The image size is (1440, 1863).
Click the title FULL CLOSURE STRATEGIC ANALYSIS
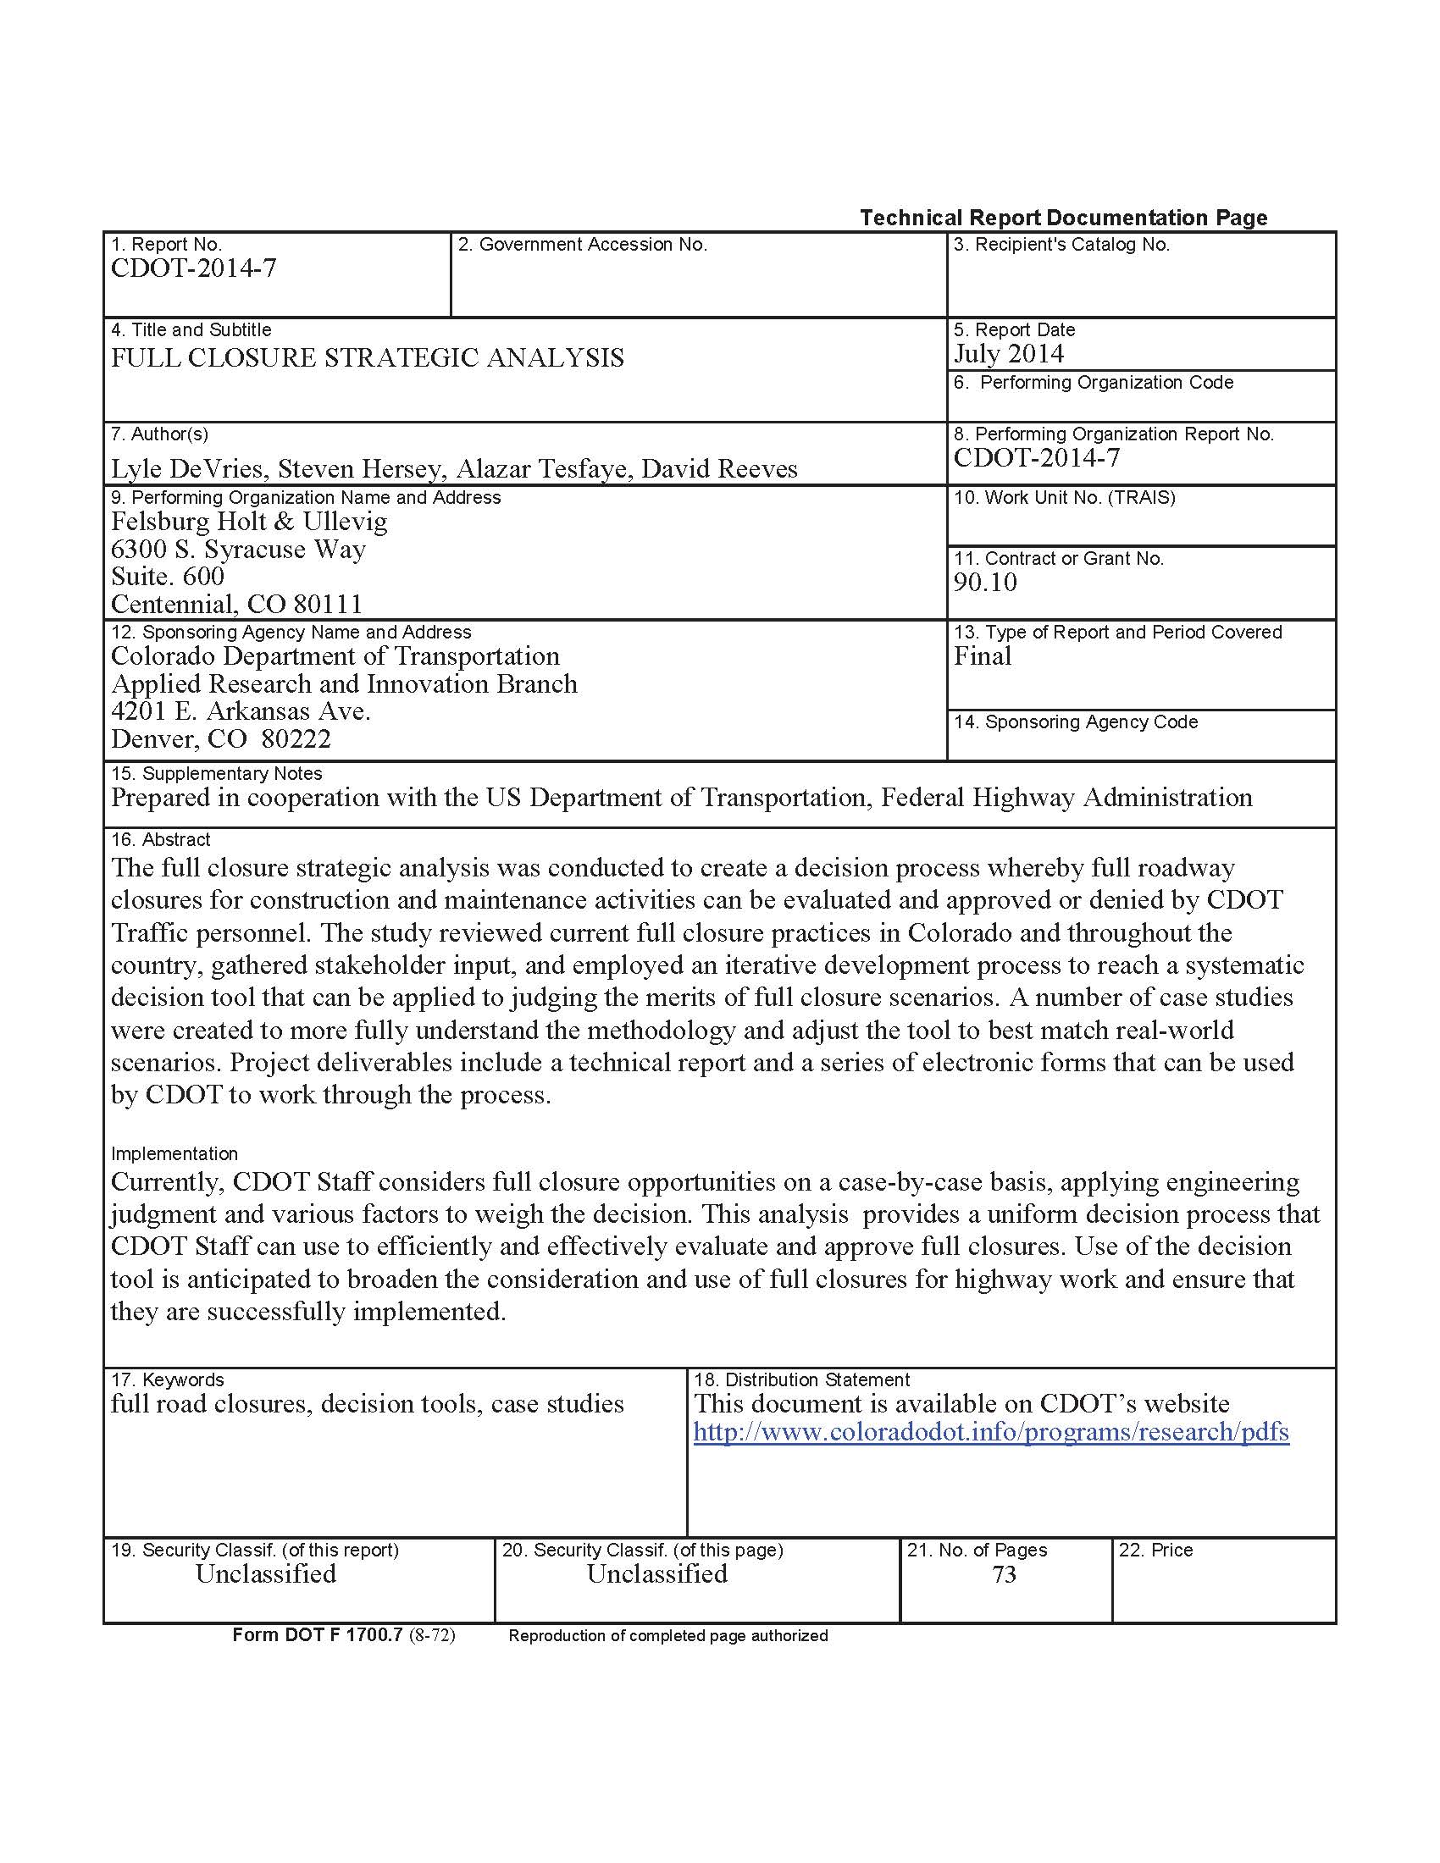[367, 357]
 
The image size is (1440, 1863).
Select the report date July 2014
[1008, 354]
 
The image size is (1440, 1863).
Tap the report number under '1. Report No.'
[194, 268]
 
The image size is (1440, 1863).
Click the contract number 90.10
[985, 583]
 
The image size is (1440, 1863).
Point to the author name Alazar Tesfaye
[544, 468]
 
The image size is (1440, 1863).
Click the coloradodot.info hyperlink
[990, 1431]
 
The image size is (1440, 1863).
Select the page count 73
[1004, 1574]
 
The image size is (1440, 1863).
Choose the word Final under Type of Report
[982, 656]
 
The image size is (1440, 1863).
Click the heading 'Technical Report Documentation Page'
[1063, 218]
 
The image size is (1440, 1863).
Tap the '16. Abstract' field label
[160, 839]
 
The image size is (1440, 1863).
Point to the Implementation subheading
[174, 1153]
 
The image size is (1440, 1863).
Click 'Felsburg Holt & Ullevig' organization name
[249, 521]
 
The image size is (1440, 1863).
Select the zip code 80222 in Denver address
[296, 738]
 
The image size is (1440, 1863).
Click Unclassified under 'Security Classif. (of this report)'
[265, 1574]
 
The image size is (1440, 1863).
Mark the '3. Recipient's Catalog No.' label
[1061, 245]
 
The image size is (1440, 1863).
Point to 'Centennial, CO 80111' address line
[236, 604]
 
